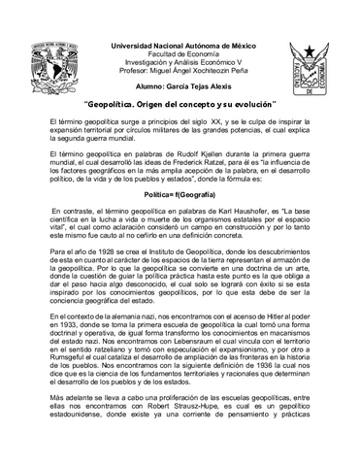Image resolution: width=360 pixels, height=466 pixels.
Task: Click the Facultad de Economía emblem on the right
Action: coord(318,61)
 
